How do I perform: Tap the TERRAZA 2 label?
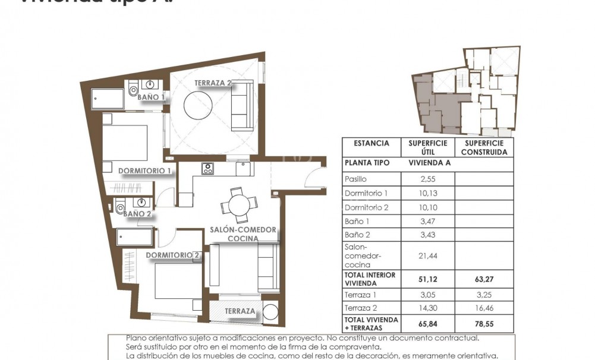(212, 84)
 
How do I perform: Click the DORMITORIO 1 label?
(144, 171)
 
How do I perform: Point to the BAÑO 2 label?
(137, 213)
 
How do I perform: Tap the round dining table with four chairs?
(237, 206)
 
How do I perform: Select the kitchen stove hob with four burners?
(207, 169)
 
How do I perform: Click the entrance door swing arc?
(313, 178)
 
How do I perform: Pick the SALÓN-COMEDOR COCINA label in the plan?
(243, 233)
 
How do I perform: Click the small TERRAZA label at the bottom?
(240, 311)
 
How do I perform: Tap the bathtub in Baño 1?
(108, 99)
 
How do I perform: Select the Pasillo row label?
(356, 179)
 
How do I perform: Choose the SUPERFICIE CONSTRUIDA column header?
(484, 147)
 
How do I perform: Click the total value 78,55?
(484, 324)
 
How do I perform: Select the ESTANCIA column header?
(372, 143)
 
